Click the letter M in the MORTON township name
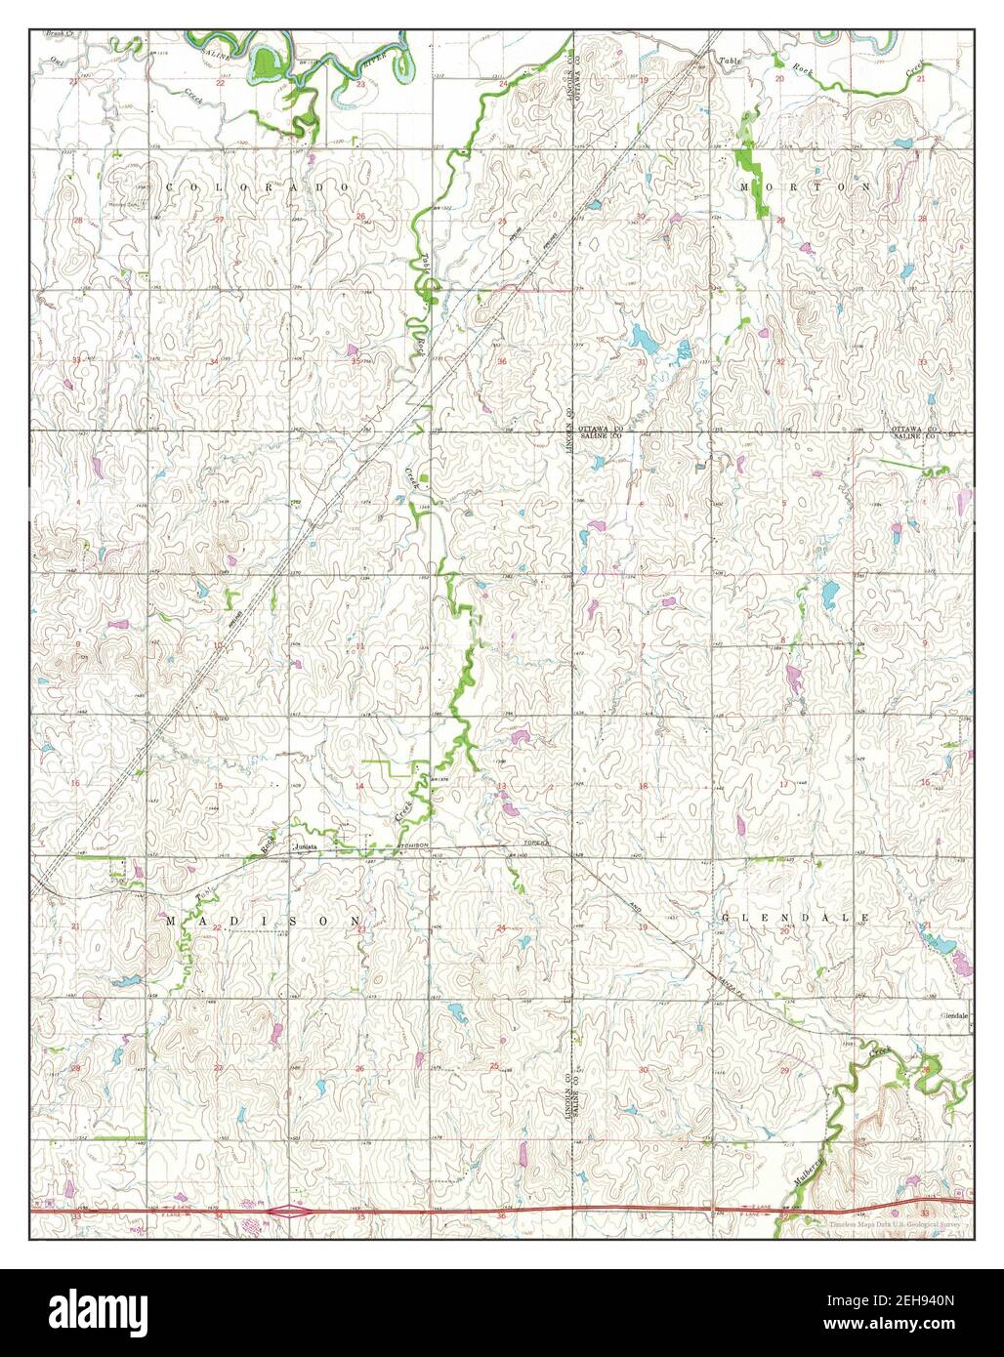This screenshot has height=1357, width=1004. [x=744, y=185]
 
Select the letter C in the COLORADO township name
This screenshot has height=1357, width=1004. [x=170, y=185]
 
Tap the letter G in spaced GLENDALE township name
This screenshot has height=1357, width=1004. [x=726, y=919]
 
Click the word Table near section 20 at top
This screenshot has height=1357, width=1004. [x=732, y=62]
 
